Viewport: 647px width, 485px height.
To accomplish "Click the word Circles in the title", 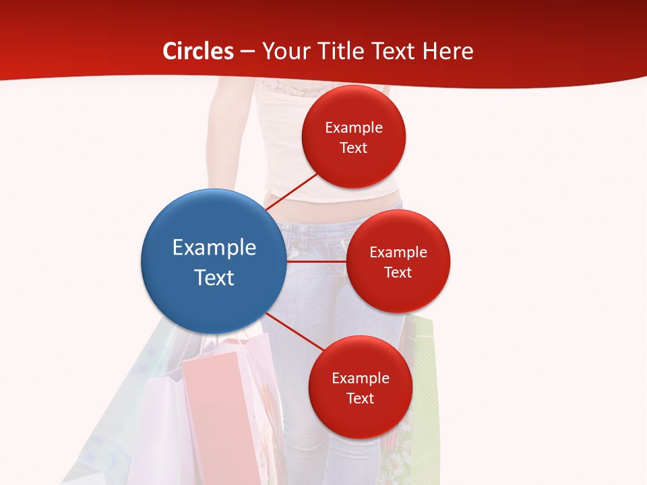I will point(198,51).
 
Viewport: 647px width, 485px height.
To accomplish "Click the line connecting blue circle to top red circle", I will point(291,192).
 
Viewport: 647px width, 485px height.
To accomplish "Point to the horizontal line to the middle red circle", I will point(316,261).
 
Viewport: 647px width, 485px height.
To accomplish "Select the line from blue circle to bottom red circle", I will point(294,332).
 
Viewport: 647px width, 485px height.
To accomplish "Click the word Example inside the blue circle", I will point(214,247).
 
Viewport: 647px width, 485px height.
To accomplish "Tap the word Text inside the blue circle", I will point(214,278).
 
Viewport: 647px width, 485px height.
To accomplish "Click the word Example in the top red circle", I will point(354,128).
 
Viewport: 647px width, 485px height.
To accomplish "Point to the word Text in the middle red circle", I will point(398,272).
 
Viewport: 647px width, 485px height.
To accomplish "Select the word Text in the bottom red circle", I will point(360,398).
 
